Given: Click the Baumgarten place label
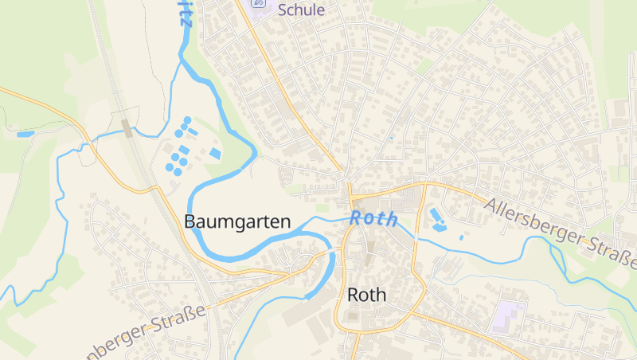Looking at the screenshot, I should [237, 222].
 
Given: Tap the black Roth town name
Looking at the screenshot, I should [366, 295].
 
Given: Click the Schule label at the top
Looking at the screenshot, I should [301, 10].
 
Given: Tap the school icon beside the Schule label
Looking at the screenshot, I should [258, 5].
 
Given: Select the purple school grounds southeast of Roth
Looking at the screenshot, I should [508, 316].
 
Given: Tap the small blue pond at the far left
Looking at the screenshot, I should [25, 134].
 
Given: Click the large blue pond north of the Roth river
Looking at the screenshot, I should [436, 216].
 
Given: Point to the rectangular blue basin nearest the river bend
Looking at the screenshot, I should [215, 153].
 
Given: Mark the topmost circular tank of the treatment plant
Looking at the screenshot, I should [187, 120].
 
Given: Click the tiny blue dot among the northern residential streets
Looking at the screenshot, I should [391, 138].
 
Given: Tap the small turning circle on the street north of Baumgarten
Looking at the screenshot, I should [310, 191].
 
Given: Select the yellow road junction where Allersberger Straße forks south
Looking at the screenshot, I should [426, 185].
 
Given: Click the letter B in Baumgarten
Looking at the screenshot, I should [190, 222].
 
